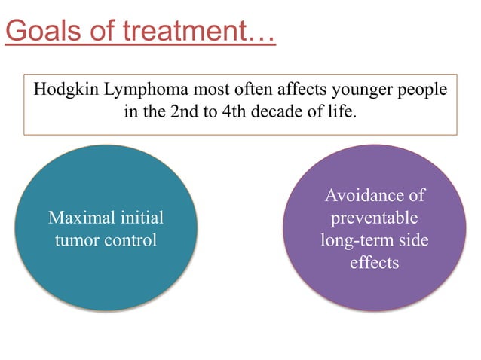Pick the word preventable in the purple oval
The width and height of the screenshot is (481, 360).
coord(374,218)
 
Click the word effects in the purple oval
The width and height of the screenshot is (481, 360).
coord(374,264)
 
